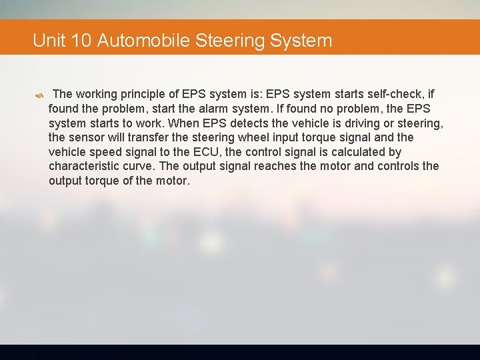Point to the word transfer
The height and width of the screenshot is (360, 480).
click(x=150, y=137)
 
